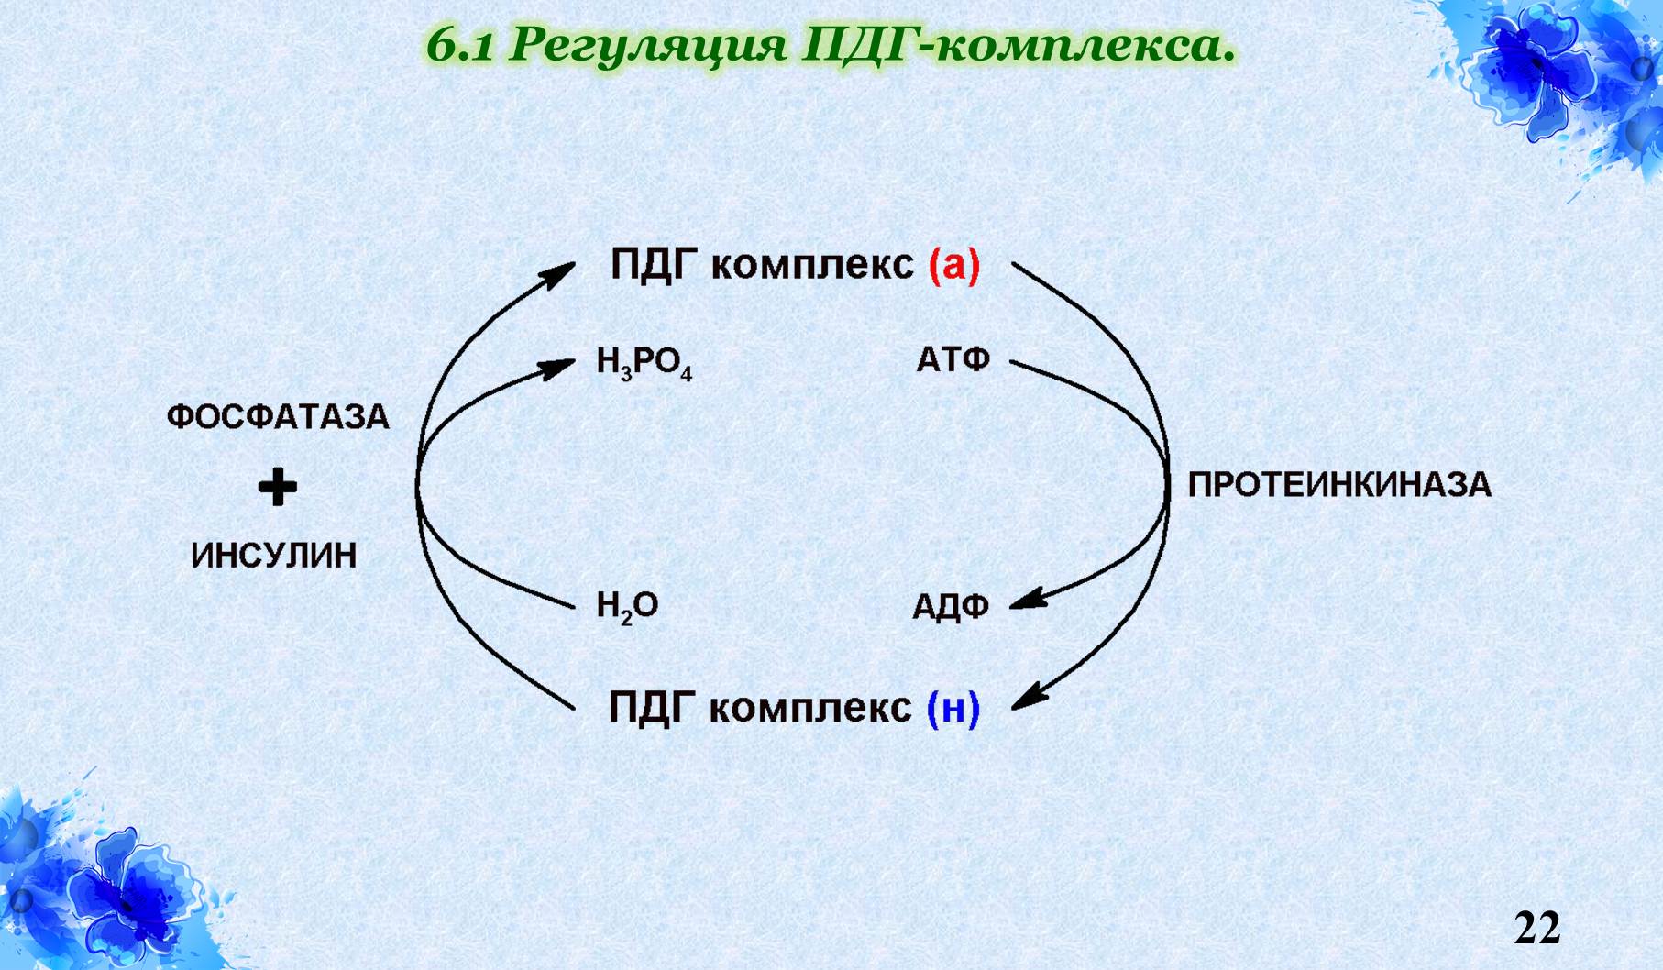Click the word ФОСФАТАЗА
278,417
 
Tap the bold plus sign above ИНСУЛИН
277,487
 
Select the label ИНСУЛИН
274,556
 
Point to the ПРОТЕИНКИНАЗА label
1339,485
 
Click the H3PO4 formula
644,363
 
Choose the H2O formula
627,606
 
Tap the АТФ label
953,360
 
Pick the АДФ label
951,607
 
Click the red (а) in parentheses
954,266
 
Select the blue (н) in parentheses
953,709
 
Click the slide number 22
1536,927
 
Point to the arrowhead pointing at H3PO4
558,368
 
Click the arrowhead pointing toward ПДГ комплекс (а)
558,272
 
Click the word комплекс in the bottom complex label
810,709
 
